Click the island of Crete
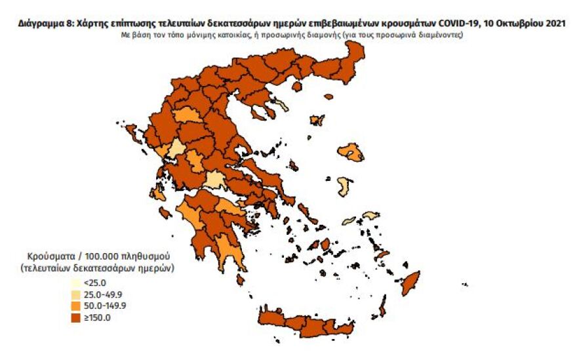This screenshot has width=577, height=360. point(308,323)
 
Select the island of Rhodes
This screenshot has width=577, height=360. point(411,283)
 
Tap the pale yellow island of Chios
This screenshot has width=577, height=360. point(343,187)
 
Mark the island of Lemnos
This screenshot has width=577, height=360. point(317,121)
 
